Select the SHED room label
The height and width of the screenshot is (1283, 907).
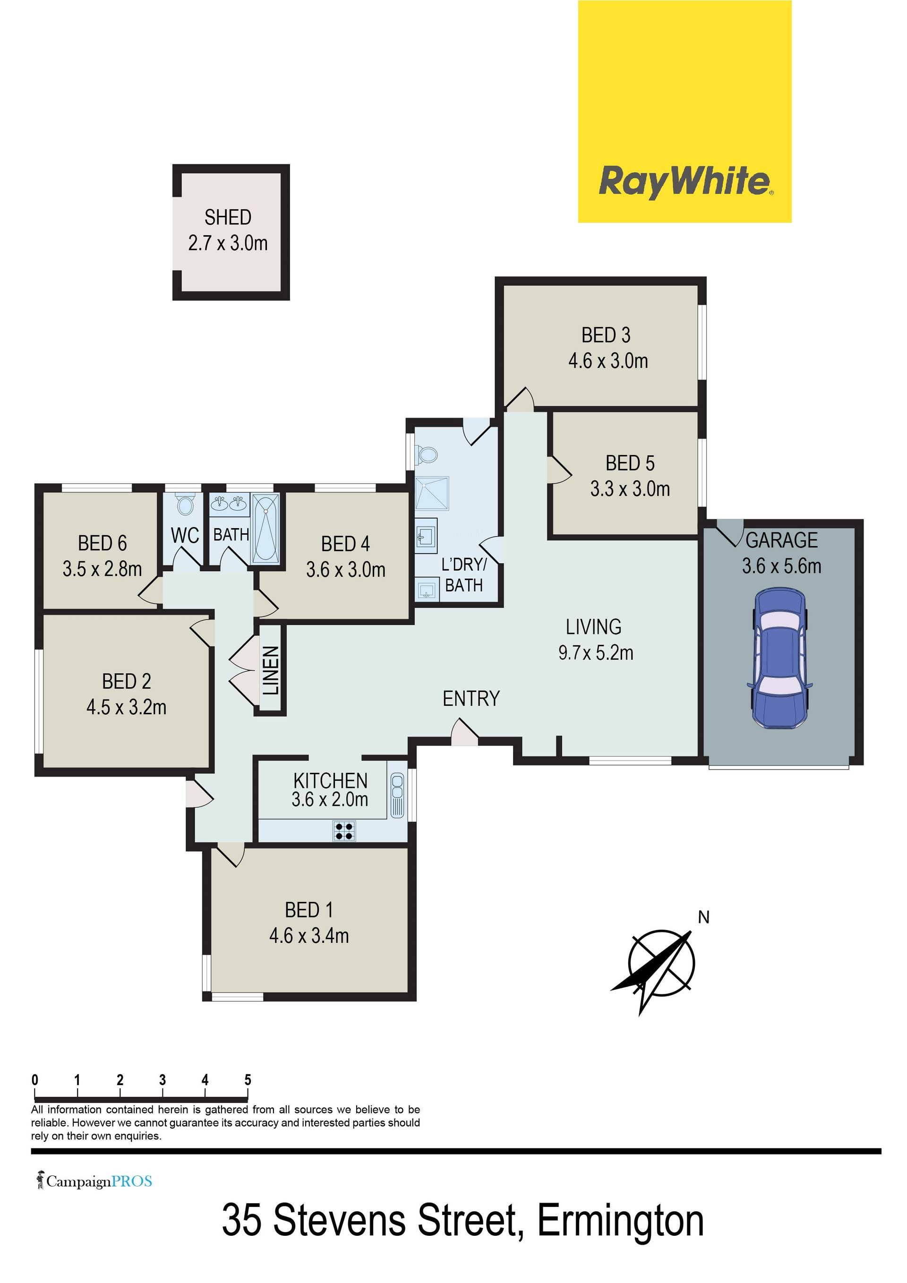[228, 217]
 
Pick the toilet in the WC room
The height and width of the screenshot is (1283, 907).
[184, 504]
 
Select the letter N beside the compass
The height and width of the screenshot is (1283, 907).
[703, 917]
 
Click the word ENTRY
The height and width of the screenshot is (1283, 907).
[471, 699]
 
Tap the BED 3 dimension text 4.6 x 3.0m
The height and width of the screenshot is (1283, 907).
[608, 361]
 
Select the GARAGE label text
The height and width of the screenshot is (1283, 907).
[782, 540]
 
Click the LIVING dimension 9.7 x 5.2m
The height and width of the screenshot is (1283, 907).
[596, 653]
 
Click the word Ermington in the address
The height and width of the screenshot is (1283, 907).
[620, 1237]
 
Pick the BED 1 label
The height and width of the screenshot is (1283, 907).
[309, 910]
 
